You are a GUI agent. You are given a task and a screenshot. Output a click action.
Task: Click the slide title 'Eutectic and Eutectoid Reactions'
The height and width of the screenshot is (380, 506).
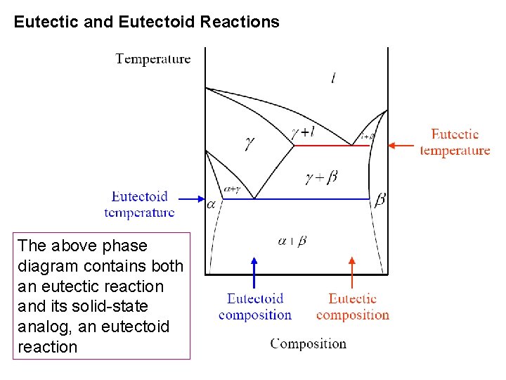coord(146,22)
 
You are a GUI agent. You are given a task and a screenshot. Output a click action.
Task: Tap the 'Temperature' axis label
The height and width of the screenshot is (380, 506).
coord(153,58)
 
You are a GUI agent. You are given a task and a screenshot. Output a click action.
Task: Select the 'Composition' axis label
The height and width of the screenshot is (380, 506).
coord(309,343)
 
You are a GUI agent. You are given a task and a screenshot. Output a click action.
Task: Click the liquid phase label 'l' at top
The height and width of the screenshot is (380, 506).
coord(332,78)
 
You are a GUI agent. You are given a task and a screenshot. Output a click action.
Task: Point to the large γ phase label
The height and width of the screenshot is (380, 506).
coord(249,143)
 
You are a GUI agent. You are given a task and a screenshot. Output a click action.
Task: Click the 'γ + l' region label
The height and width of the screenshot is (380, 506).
coord(303,131)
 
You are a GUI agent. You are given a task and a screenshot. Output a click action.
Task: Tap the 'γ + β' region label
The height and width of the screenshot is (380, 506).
coord(321,177)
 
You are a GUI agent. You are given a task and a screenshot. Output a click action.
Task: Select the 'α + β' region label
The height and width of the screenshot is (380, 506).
coord(292,241)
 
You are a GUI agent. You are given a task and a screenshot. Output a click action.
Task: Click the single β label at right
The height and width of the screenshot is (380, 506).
coord(379,200)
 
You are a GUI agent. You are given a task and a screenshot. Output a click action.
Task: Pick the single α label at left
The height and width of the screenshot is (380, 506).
coord(212,204)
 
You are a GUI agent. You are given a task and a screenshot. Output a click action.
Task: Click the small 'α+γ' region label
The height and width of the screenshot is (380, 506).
coord(231,189)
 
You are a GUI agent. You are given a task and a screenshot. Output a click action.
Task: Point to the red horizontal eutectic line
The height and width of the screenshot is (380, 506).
coord(323,146)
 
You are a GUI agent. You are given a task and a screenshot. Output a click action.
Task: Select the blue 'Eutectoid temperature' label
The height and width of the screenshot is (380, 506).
coord(139,204)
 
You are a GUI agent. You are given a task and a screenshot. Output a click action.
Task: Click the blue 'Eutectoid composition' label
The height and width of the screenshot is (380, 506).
coord(254,307)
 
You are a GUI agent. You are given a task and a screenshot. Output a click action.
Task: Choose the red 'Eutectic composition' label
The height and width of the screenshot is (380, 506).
coord(352,307)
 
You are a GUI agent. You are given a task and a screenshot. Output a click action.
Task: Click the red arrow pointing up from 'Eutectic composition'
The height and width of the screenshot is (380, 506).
coord(352,271)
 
